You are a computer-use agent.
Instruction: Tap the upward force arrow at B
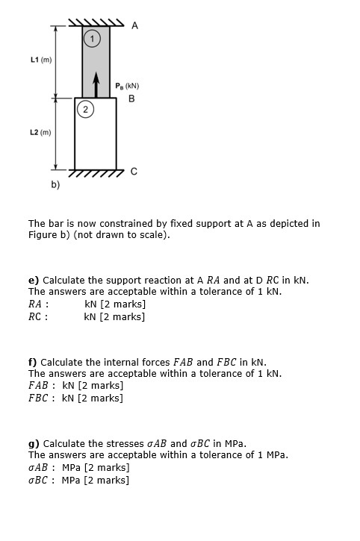point(96,84)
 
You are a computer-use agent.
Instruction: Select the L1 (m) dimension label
point(40,59)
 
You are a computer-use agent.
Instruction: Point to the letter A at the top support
point(134,26)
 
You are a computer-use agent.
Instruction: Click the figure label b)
point(55,183)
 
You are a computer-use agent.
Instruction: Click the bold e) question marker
point(33,280)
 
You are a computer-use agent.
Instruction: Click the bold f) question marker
point(32,362)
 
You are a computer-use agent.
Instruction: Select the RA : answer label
point(39,304)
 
